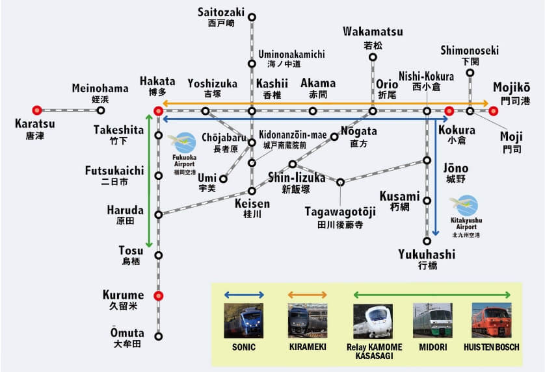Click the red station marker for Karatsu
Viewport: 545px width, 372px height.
pos(37,111)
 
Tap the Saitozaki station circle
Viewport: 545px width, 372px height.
pos(252,17)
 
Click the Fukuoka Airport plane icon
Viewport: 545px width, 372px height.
pos(183,142)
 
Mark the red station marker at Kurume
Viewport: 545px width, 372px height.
pos(158,296)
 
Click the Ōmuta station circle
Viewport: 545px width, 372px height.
pos(158,336)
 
